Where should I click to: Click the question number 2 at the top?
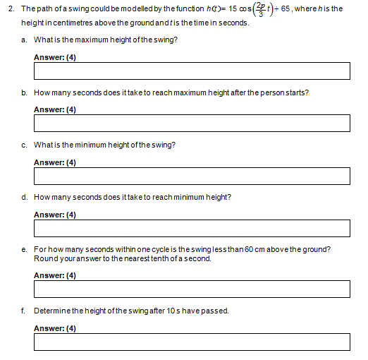10,8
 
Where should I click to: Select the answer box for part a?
192,71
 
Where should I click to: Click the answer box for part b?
192,123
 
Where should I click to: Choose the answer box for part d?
192,228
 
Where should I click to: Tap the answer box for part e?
192,289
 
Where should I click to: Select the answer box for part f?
192,342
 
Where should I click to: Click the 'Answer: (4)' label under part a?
55,57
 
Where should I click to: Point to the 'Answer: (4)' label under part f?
55,328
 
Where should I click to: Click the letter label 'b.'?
25,92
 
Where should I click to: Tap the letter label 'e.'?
25,249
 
